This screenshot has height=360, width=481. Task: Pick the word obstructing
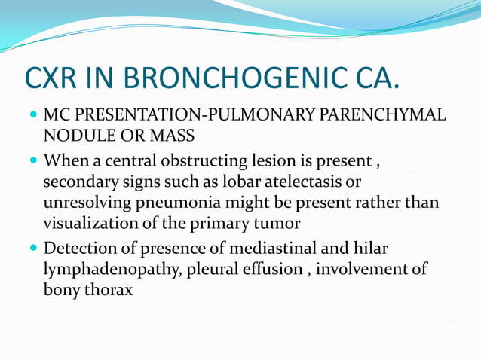tap(215, 160)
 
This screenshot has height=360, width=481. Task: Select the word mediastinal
tap(284, 248)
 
